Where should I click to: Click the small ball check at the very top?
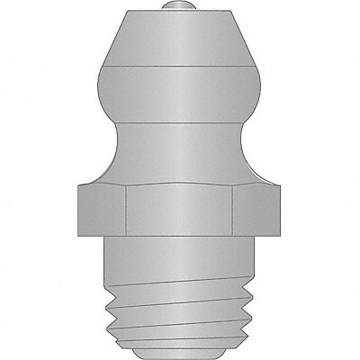[x=180, y=12]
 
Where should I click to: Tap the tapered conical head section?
[x=180, y=40]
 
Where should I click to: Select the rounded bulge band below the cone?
[x=180, y=94]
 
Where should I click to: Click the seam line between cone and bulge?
[x=180, y=67]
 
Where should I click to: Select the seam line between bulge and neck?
[x=180, y=123]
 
